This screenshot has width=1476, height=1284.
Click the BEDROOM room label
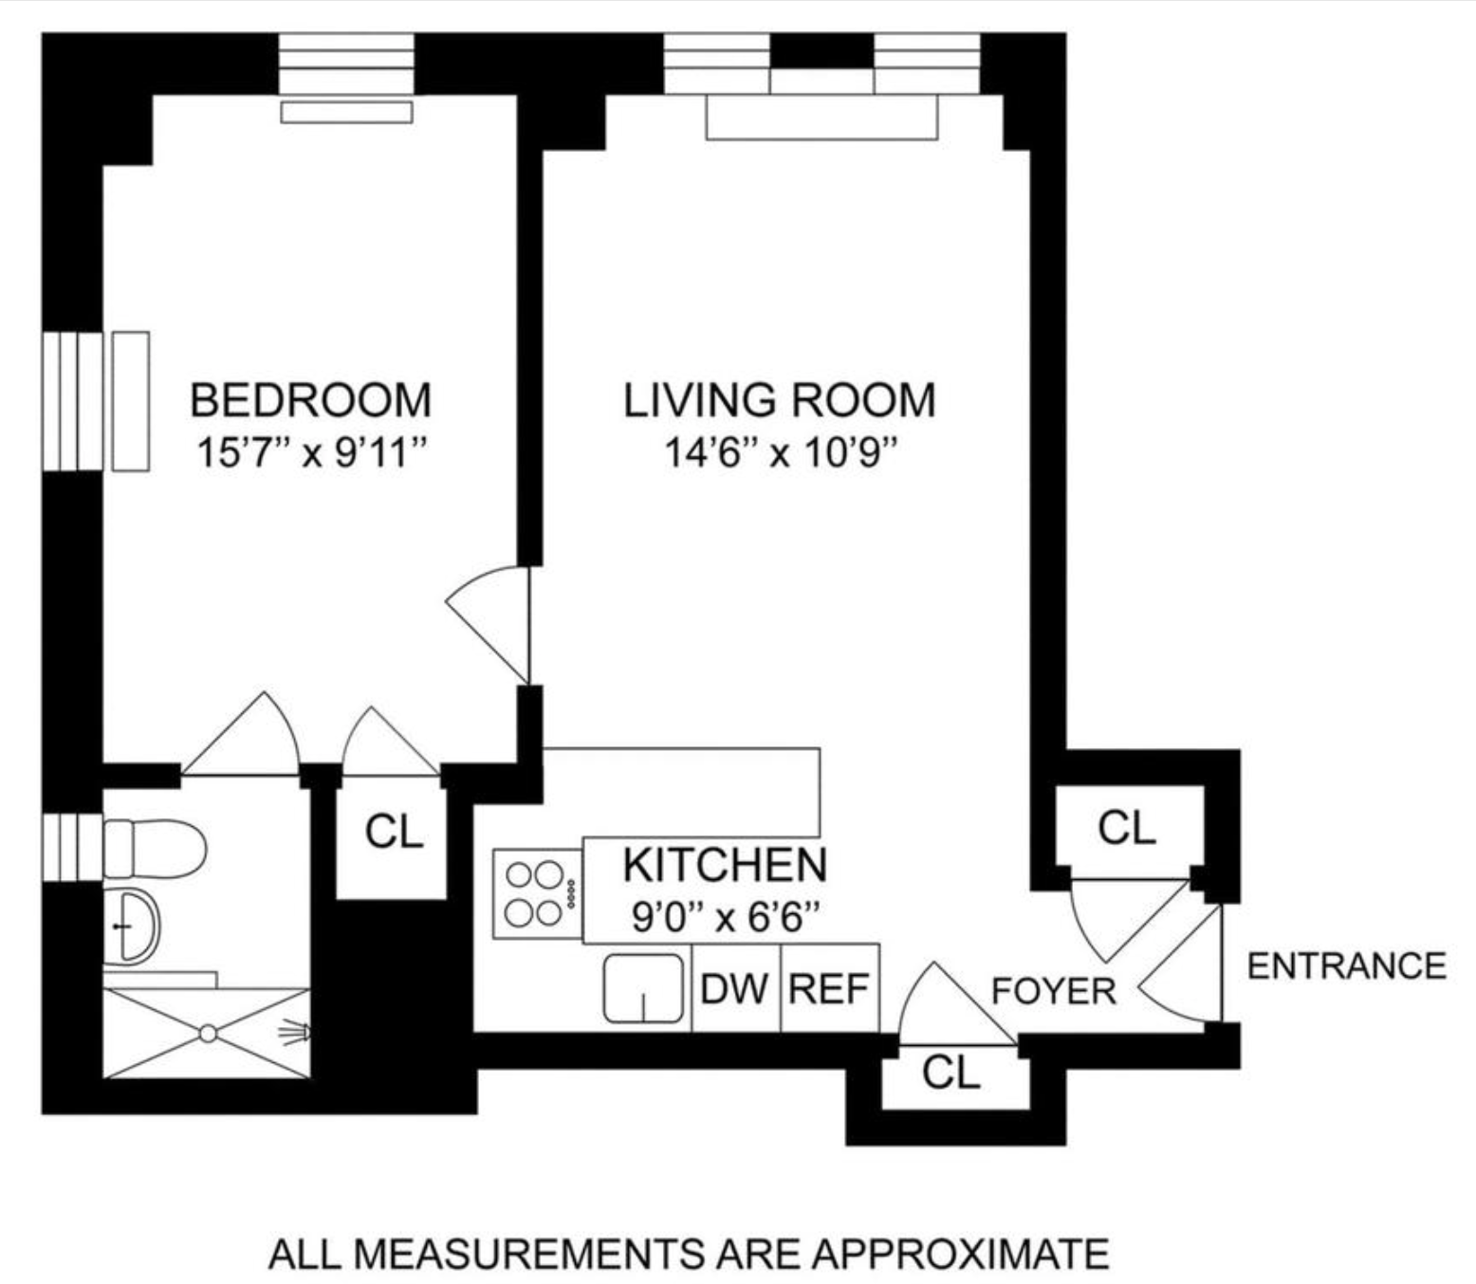(x=310, y=400)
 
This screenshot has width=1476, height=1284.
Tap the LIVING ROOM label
(x=779, y=400)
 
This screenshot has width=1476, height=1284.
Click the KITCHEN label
(x=725, y=865)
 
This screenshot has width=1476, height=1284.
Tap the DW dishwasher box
(x=736, y=987)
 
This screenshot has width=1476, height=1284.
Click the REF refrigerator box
(x=830, y=987)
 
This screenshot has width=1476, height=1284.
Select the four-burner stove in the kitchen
(x=538, y=894)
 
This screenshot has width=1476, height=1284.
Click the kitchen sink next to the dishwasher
(x=643, y=988)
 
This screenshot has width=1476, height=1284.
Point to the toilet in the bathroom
(x=156, y=849)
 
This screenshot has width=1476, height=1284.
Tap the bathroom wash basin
(x=130, y=926)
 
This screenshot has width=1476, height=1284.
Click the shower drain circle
(x=208, y=1034)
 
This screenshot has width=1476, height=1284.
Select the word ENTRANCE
(x=1347, y=966)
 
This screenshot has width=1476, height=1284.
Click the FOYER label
(x=1054, y=991)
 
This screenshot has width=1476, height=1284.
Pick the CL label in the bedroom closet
(x=393, y=832)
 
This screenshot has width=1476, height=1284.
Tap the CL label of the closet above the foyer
(x=1127, y=828)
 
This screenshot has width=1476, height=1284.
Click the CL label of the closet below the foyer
(x=950, y=1072)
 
